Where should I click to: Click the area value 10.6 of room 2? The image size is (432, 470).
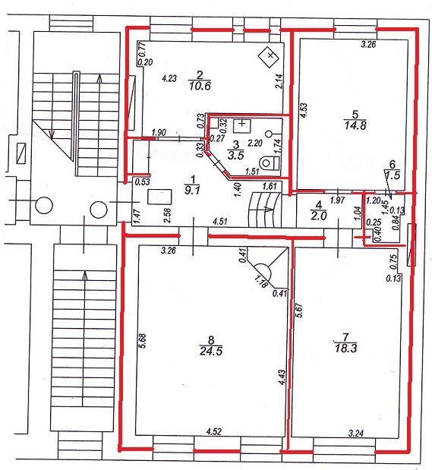[200, 86]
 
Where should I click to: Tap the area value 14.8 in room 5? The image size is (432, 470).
[355, 125]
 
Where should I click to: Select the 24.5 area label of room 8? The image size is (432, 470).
[211, 350]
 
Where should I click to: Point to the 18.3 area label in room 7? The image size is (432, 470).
[345, 349]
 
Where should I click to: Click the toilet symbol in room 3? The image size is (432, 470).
[270, 163]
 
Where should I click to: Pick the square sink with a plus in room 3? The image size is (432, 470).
[241, 126]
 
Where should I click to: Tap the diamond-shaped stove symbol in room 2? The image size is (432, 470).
[270, 56]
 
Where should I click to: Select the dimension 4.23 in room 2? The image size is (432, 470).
[169, 78]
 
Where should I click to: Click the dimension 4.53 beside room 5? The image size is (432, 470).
[304, 111]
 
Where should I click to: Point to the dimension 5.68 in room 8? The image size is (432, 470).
[143, 340]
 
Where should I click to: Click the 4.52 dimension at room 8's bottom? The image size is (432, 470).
[214, 432]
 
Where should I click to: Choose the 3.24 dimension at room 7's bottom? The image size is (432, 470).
[356, 433]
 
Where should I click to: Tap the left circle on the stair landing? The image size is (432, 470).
[44, 206]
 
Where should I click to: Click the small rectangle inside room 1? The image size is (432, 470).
[159, 197]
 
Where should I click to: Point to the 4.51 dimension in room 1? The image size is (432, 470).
[219, 222]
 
